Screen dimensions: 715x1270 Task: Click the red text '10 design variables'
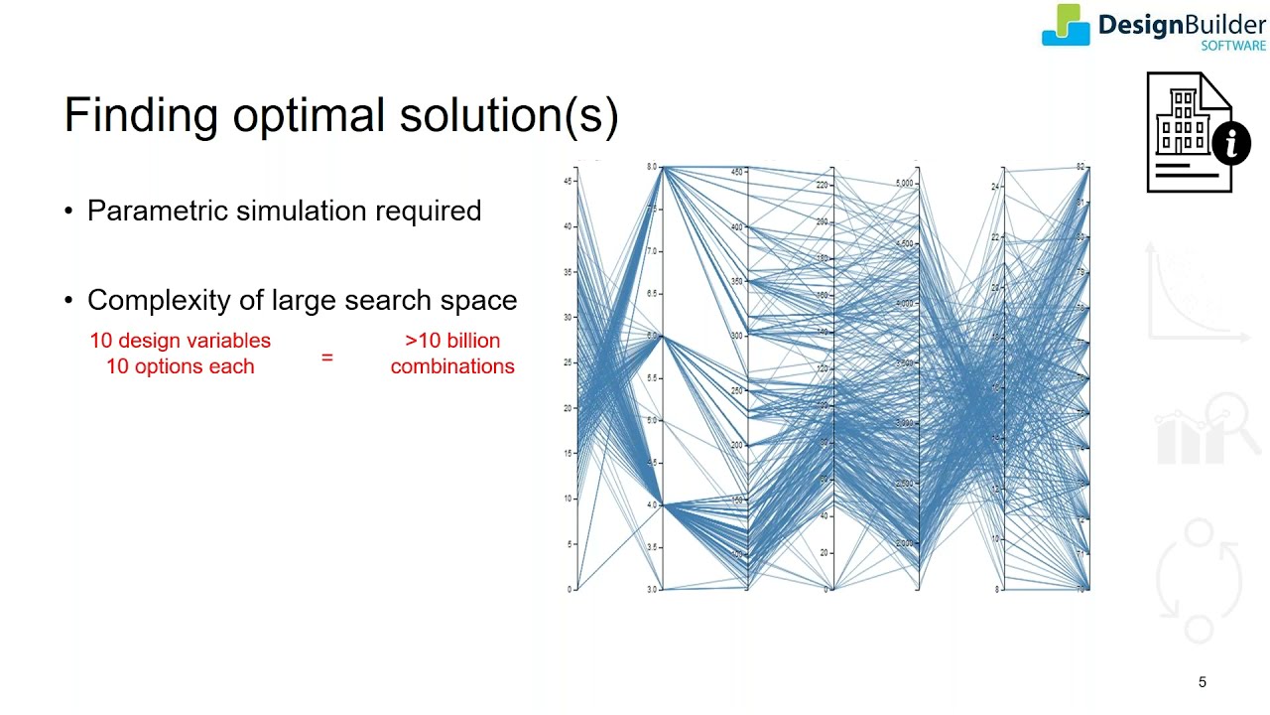(x=180, y=341)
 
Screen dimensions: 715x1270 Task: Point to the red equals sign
(x=327, y=356)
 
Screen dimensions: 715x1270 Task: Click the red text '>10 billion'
(x=452, y=341)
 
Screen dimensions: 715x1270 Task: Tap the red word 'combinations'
(x=452, y=366)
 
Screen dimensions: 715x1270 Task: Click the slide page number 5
(x=1203, y=682)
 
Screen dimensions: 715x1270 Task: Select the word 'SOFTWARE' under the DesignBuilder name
(x=1233, y=46)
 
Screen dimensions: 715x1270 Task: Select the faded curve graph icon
(x=1199, y=293)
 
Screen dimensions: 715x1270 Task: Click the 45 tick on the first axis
(x=570, y=181)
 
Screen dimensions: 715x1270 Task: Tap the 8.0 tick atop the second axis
(x=653, y=168)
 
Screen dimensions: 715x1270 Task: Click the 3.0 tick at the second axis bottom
(x=653, y=590)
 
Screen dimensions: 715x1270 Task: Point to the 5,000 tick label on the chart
(x=905, y=184)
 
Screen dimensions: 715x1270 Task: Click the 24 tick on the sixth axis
(x=995, y=187)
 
